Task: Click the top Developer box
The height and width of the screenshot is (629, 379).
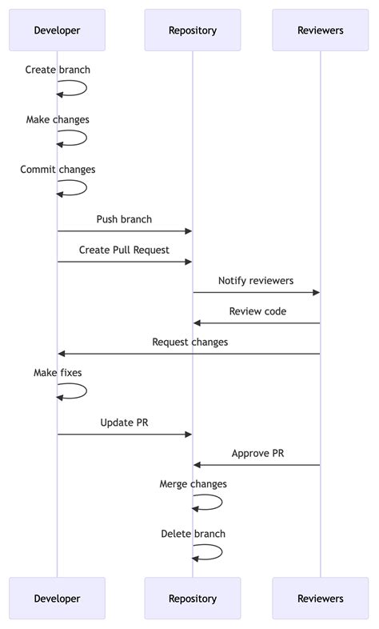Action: click(x=57, y=30)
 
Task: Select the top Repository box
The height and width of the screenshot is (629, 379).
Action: click(x=192, y=30)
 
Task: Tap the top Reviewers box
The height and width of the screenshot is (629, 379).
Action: click(x=320, y=30)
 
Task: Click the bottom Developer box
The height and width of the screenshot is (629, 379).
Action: click(x=57, y=598)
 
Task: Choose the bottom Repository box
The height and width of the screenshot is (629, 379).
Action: click(x=192, y=598)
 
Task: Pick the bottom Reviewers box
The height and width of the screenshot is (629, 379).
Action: click(x=320, y=598)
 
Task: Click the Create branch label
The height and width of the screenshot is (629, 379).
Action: click(x=58, y=70)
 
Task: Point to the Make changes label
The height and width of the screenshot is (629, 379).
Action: click(x=58, y=119)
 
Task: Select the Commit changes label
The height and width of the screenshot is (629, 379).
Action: click(x=58, y=170)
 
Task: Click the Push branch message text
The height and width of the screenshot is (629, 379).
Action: click(x=124, y=219)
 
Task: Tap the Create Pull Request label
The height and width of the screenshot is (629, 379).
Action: click(x=124, y=250)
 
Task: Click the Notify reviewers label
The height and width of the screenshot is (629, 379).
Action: click(x=256, y=281)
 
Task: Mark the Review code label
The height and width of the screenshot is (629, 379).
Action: click(x=257, y=311)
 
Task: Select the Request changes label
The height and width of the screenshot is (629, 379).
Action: click(x=189, y=342)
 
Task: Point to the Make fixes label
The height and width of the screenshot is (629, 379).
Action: click(x=58, y=373)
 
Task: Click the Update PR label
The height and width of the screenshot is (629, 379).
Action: click(x=124, y=423)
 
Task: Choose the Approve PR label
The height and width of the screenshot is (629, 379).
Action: click(x=257, y=453)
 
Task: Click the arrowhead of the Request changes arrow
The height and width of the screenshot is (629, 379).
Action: click(x=62, y=354)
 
